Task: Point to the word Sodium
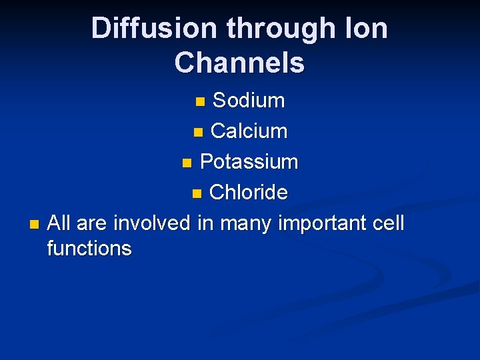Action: coord(248,101)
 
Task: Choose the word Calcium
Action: coord(249,131)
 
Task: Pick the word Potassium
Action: coord(249,162)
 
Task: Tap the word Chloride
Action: coord(248,193)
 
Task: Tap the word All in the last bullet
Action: coord(59,223)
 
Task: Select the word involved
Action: coord(152,223)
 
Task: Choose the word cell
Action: coord(389,223)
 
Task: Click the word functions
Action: coord(89,249)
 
